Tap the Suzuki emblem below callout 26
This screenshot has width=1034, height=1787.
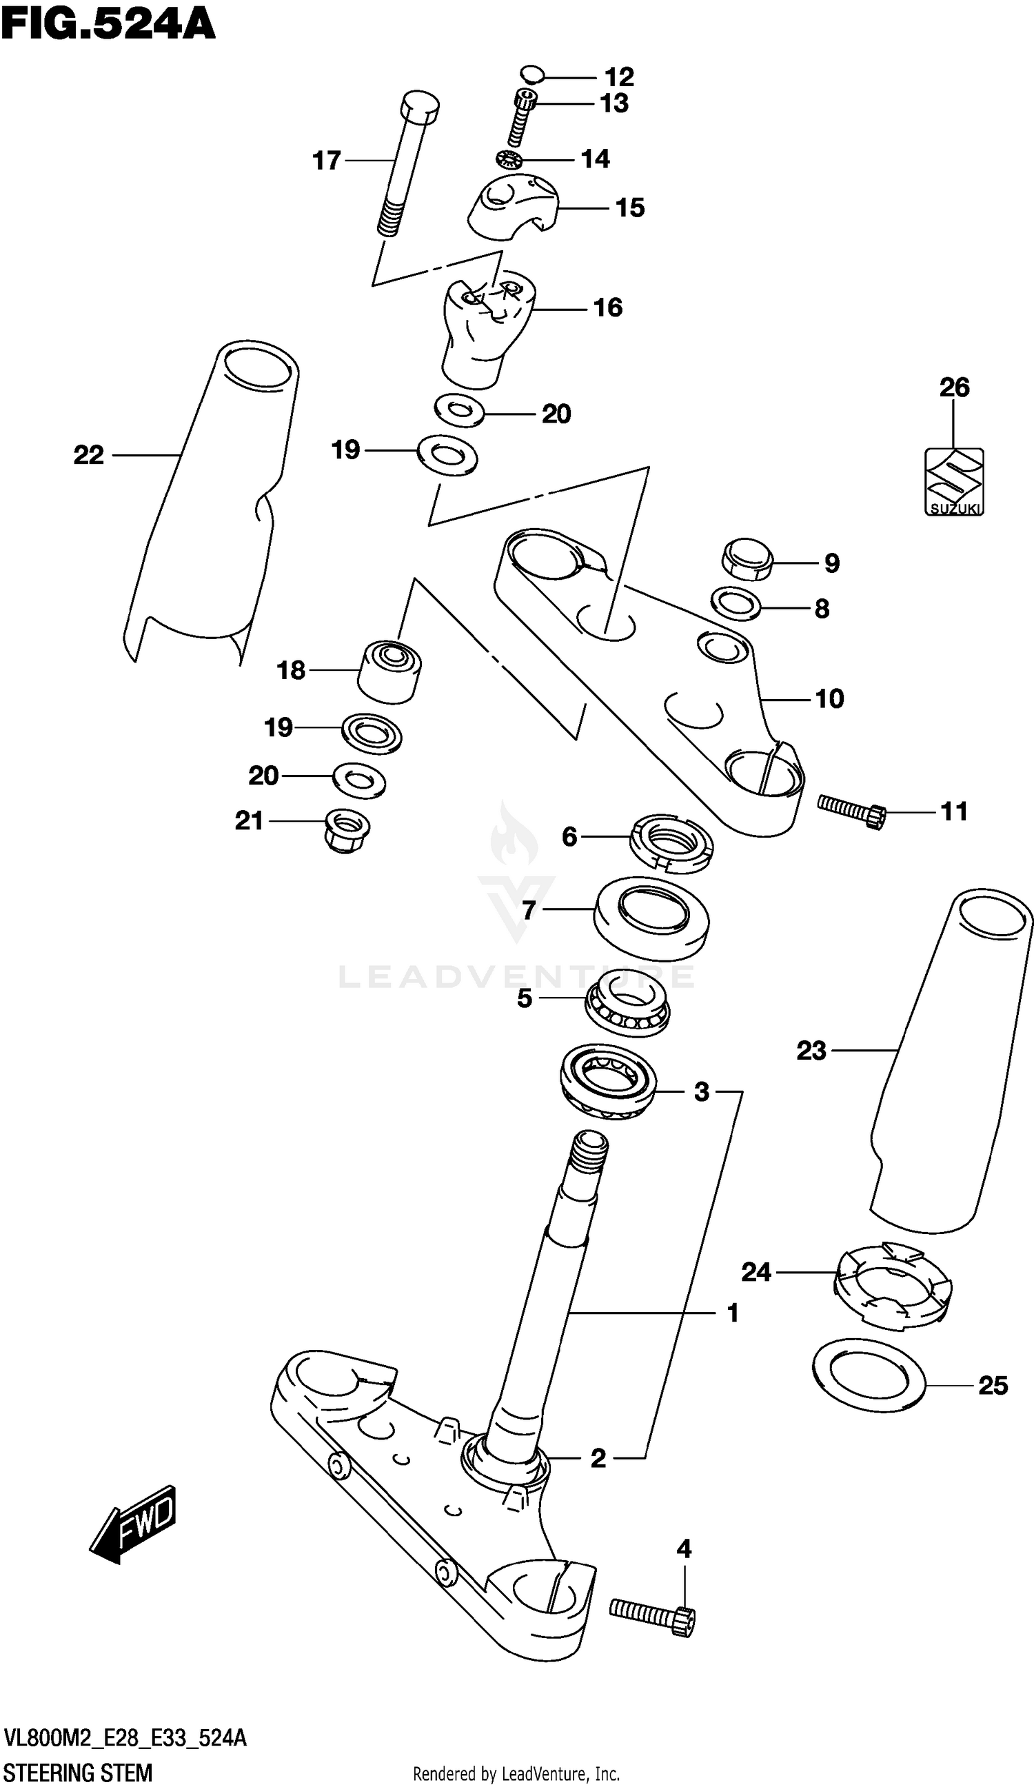[954, 481]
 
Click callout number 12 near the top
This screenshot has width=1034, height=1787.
[618, 77]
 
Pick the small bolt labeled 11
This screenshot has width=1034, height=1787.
[851, 811]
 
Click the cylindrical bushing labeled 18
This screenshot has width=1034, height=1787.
[389, 672]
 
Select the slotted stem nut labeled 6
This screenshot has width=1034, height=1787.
[671, 844]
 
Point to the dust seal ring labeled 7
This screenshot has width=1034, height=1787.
[651, 916]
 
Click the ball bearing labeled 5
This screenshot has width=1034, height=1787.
[627, 1003]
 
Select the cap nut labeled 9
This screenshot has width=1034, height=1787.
[747, 560]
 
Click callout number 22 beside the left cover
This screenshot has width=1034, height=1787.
[89, 454]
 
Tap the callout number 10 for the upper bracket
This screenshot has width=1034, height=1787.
[829, 698]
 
